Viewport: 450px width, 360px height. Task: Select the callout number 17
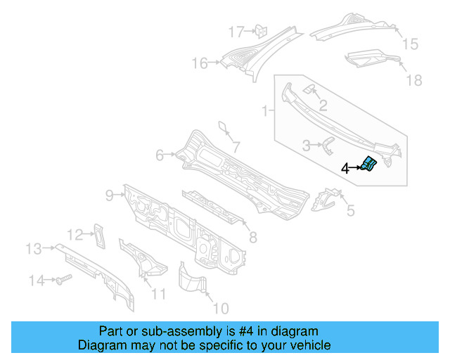236,32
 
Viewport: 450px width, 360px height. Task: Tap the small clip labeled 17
258,30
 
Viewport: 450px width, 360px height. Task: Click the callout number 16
200,64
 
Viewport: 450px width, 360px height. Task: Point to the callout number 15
409,44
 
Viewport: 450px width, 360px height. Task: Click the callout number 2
323,106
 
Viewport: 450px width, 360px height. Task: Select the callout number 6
160,155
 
